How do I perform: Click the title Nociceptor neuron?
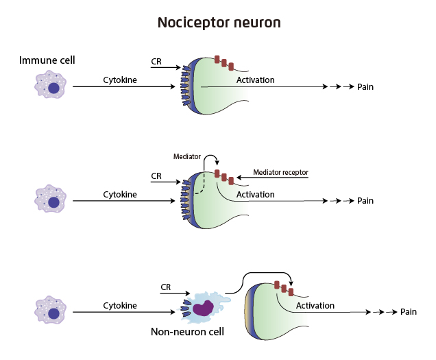(x=219, y=23)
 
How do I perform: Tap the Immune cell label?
(x=47, y=60)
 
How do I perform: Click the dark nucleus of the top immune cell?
(x=53, y=88)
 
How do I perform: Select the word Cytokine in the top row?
(x=120, y=80)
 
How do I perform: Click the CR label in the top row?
(x=156, y=61)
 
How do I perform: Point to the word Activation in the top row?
(x=255, y=80)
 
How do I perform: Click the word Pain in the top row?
(x=365, y=87)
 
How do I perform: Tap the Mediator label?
(x=187, y=157)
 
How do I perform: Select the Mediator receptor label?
(x=280, y=171)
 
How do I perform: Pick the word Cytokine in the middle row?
(x=120, y=194)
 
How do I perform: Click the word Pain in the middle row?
(x=365, y=201)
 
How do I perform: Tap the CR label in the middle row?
(x=156, y=176)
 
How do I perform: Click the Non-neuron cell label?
(x=187, y=333)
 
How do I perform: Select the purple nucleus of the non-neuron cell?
(x=202, y=309)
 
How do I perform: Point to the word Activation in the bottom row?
(x=315, y=305)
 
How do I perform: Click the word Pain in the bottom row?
(x=409, y=312)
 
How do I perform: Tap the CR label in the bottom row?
(x=165, y=287)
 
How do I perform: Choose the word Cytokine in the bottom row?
(x=120, y=305)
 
